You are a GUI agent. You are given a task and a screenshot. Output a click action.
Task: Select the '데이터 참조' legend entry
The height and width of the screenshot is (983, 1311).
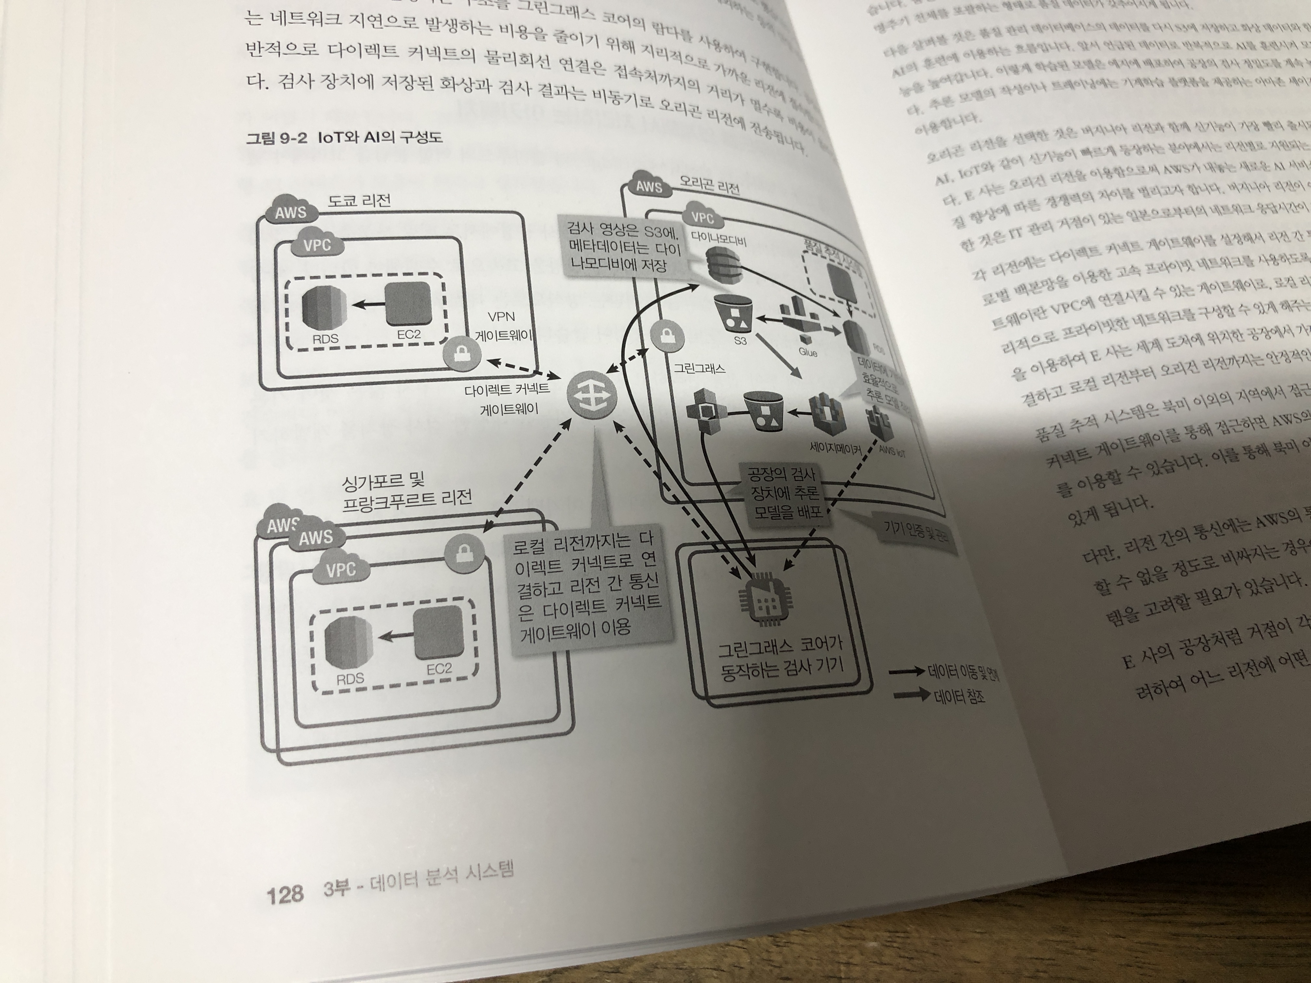958,696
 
